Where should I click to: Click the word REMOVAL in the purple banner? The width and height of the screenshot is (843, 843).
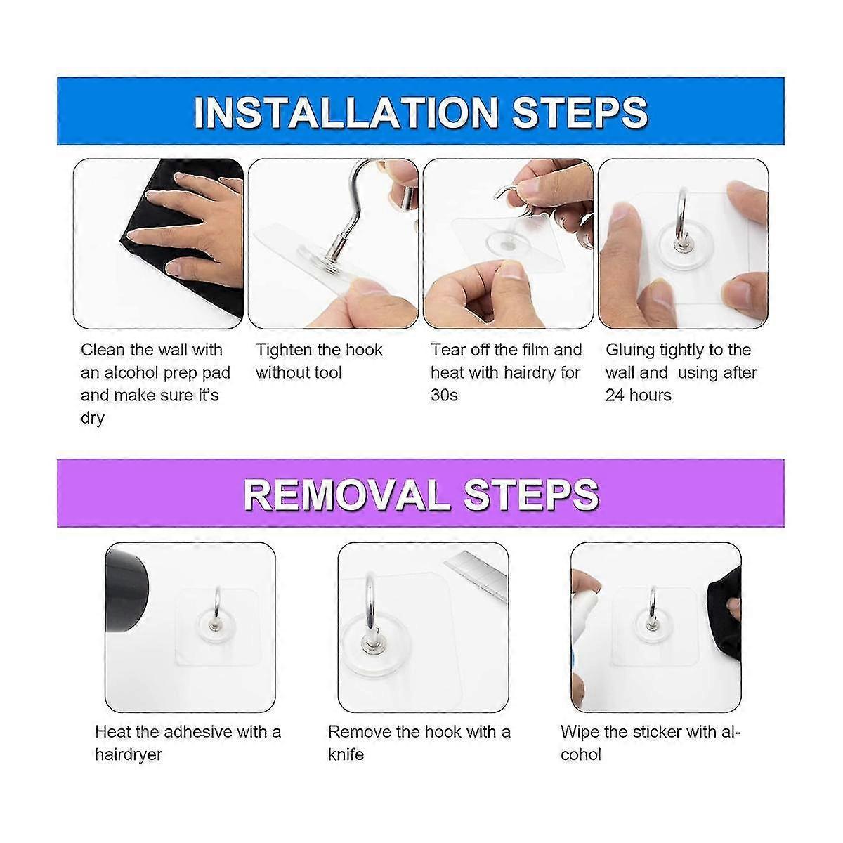[x=346, y=495]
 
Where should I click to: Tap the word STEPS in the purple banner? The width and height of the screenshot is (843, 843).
[x=532, y=495]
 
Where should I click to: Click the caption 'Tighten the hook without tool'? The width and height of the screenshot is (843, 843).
[x=320, y=361]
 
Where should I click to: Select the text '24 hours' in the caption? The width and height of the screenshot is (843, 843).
[x=638, y=396]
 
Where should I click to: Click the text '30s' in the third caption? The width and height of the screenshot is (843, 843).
[x=444, y=396]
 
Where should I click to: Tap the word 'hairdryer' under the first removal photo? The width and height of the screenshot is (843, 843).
[x=129, y=754]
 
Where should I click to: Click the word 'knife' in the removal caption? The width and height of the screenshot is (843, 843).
[x=346, y=754]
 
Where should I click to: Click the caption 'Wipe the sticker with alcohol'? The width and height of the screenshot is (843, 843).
[x=651, y=743]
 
